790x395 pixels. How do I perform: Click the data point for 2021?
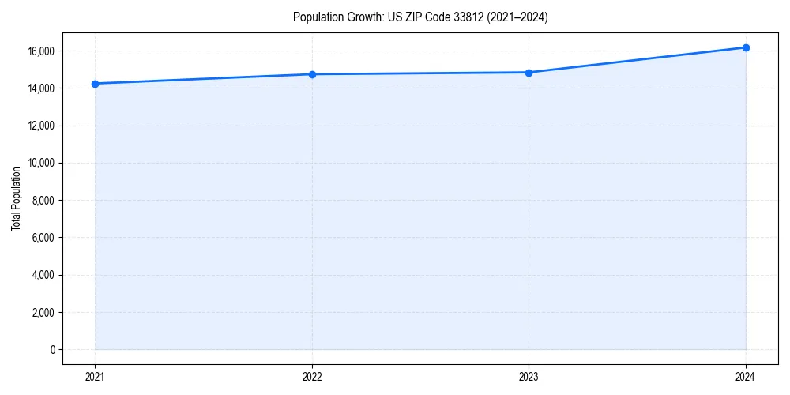[x=95, y=84]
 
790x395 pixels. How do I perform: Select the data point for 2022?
[x=312, y=74]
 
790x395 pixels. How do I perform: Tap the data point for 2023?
[x=529, y=73]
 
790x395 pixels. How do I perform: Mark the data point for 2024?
[x=746, y=47]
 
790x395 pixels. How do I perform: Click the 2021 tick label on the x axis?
[x=95, y=376]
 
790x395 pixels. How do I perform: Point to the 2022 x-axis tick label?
[x=312, y=376]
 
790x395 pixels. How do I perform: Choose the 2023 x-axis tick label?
[x=529, y=376]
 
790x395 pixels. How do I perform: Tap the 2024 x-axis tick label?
[x=746, y=376]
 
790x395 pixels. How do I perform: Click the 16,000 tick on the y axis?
[x=41, y=51]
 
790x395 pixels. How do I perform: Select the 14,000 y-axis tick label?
[x=41, y=88]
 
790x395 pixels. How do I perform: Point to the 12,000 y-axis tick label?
[x=41, y=126]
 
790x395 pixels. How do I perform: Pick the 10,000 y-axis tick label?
[x=41, y=163]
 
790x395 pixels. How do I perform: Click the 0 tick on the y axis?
[x=54, y=349]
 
